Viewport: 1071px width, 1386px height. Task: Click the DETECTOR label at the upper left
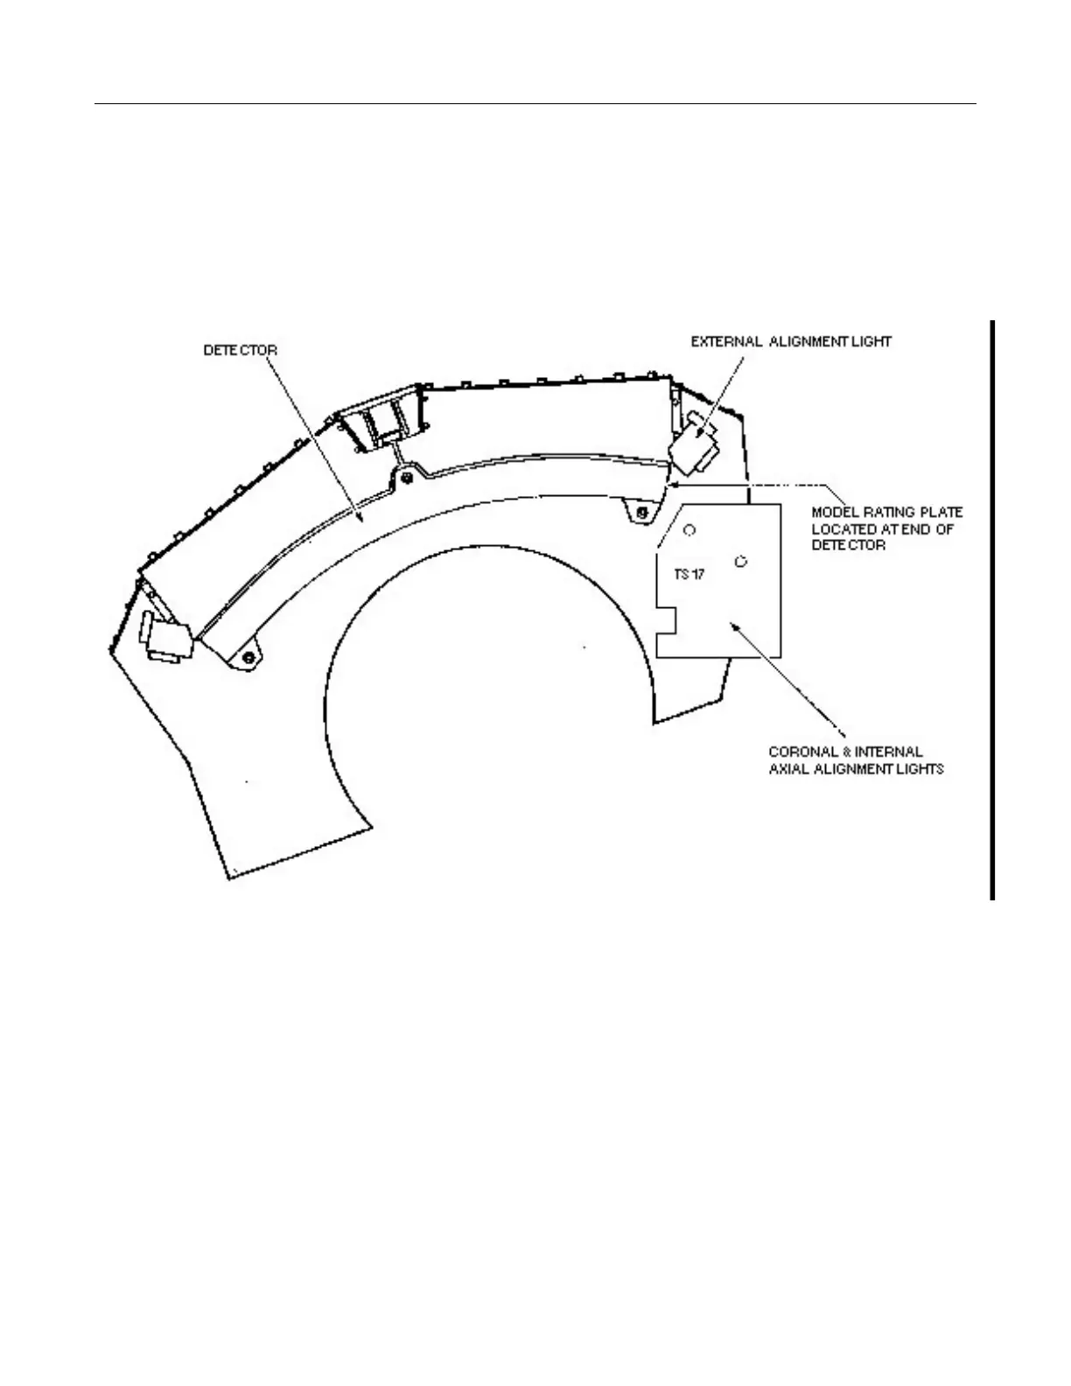(241, 349)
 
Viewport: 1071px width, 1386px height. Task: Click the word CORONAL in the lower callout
(799, 752)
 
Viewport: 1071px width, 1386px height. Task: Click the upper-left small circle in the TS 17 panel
(689, 529)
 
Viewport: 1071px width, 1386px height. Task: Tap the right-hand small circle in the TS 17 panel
(741, 561)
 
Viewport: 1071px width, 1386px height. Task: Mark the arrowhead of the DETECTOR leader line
(360, 521)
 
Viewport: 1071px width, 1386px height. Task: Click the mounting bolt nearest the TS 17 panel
(643, 510)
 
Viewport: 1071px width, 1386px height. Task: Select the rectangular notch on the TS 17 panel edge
(668, 620)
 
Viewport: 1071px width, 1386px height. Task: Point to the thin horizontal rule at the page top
(535, 104)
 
